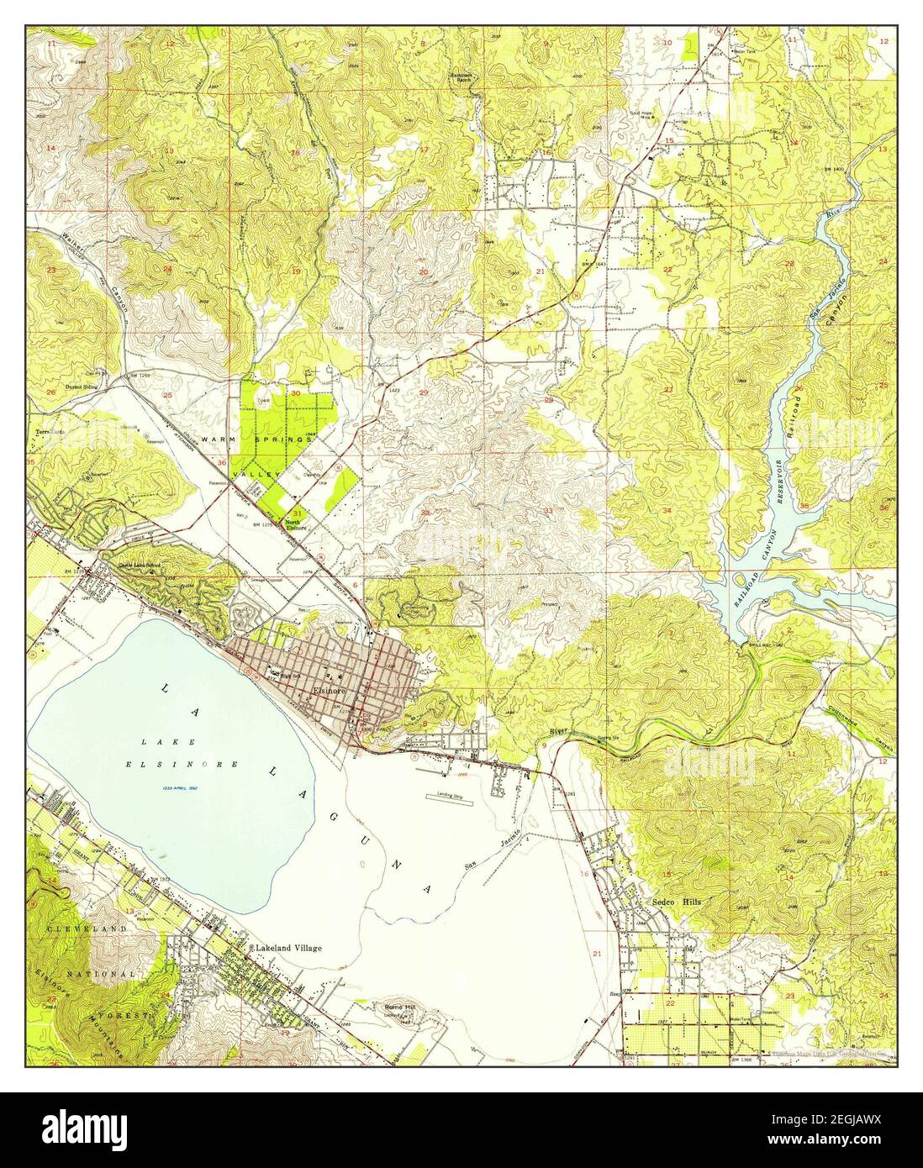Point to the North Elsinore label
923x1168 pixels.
293,524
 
